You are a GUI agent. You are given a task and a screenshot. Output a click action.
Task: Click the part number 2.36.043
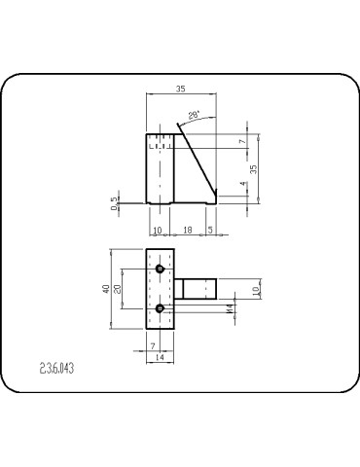tap(57, 369)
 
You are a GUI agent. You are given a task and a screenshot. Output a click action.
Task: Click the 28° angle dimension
tap(193, 115)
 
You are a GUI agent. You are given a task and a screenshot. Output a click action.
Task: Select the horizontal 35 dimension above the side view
tap(180, 89)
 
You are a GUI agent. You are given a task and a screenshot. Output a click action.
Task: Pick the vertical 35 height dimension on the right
tap(255, 168)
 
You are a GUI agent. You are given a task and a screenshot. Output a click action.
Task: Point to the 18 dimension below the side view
tap(188, 230)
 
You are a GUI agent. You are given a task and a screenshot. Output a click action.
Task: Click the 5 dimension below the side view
tap(211, 230)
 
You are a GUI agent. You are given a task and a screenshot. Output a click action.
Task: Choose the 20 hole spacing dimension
tap(118, 288)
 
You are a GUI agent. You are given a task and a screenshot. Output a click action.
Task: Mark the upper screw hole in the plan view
tap(160, 268)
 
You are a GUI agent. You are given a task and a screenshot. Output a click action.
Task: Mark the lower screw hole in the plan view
tap(160, 308)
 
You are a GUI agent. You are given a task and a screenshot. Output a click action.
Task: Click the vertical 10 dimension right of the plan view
tap(256, 290)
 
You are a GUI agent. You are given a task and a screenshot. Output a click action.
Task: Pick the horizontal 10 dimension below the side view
tap(157, 230)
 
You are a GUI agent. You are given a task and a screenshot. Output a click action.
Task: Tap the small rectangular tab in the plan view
tap(196, 289)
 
